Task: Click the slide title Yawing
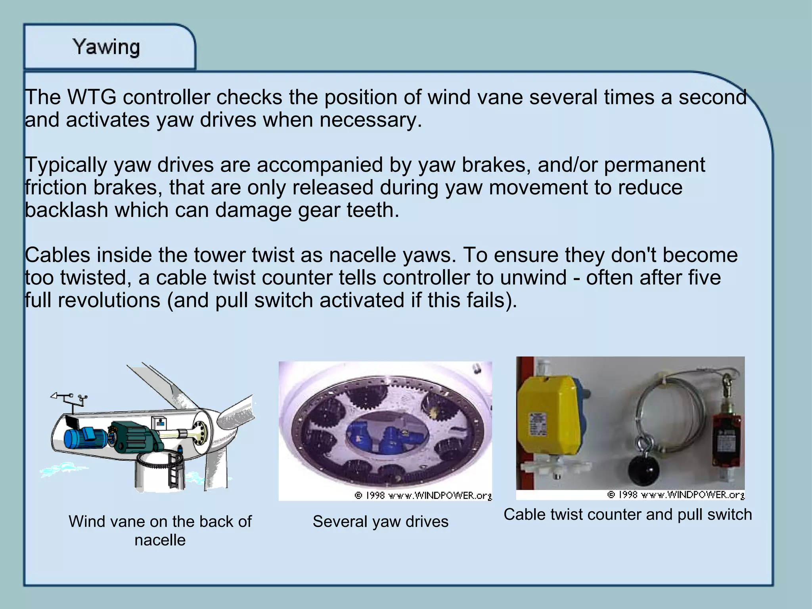(x=106, y=48)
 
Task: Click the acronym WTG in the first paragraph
(x=92, y=98)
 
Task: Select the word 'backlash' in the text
(x=66, y=210)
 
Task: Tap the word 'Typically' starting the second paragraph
(x=66, y=165)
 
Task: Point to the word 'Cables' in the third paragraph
(x=57, y=255)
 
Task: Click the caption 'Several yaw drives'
(x=380, y=521)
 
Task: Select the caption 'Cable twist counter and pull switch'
(x=628, y=514)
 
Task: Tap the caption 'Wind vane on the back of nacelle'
(x=160, y=530)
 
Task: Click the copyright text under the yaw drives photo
(x=423, y=495)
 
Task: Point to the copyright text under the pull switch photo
(x=676, y=494)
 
